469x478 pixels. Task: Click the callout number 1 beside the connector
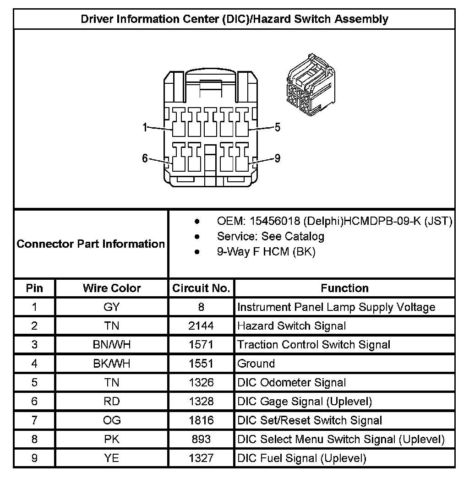(x=145, y=128)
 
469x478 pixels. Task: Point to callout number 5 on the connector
(x=277, y=128)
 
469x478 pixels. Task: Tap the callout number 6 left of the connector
(x=145, y=158)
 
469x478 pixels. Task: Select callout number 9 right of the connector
(x=277, y=158)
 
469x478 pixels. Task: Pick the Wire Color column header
(x=112, y=288)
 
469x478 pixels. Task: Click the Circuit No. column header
(x=201, y=288)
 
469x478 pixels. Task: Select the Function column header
(x=344, y=288)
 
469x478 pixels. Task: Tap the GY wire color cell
(x=112, y=307)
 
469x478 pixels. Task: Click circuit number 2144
(x=201, y=326)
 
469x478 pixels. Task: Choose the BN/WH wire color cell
(x=112, y=345)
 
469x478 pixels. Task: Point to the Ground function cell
(x=256, y=364)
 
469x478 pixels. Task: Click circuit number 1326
(x=201, y=382)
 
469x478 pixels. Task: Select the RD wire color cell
(x=112, y=402)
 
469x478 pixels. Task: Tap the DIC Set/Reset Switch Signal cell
(x=310, y=420)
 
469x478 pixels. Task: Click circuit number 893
(x=201, y=439)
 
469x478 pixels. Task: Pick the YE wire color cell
(x=112, y=458)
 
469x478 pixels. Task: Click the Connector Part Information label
(x=91, y=244)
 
